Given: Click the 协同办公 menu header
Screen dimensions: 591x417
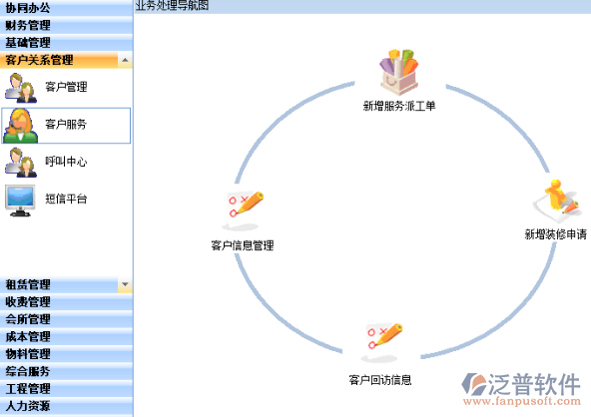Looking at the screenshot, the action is pyautogui.click(x=28, y=8).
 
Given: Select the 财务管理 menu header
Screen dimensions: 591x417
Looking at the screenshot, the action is pyautogui.click(x=28, y=25).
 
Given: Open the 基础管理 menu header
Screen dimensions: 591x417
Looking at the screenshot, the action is pyautogui.click(x=28, y=43).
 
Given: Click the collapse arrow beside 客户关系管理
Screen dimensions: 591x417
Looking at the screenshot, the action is pyautogui.click(x=125, y=60).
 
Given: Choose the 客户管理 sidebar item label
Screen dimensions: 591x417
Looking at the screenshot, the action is pyautogui.click(x=66, y=87).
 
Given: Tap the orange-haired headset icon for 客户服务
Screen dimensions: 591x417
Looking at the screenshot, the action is pyautogui.click(x=20, y=126).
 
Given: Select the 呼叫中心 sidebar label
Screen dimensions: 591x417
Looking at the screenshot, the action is pyautogui.click(x=66, y=162).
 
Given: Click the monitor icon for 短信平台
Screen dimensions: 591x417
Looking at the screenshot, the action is pyautogui.click(x=20, y=201).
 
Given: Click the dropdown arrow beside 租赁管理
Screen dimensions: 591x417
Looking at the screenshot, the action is pyautogui.click(x=125, y=284).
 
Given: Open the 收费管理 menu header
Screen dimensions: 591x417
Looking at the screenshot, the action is pyautogui.click(x=28, y=301).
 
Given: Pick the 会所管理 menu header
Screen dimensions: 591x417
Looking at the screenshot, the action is pyautogui.click(x=28, y=319).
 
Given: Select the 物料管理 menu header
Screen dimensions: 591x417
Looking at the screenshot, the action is pyautogui.click(x=28, y=354).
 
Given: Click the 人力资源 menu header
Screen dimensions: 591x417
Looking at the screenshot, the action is pyautogui.click(x=28, y=406).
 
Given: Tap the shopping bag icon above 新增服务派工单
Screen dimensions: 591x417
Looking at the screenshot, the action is pyautogui.click(x=398, y=72).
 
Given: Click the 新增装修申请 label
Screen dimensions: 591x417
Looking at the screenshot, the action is pyautogui.click(x=556, y=234).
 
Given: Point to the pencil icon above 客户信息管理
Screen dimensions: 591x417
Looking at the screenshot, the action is pyautogui.click(x=244, y=210).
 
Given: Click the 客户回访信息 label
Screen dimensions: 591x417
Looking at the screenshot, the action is pyautogui.click(x=380, y=380).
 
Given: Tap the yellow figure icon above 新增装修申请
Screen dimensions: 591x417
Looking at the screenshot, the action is pyautogui.click(x=556, y=201).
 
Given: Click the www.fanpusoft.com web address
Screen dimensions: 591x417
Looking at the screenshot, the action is pyautogui.click(x=522, y=401).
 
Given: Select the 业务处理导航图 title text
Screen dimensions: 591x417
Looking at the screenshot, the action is pyautogui.click(x=172, y=6).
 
